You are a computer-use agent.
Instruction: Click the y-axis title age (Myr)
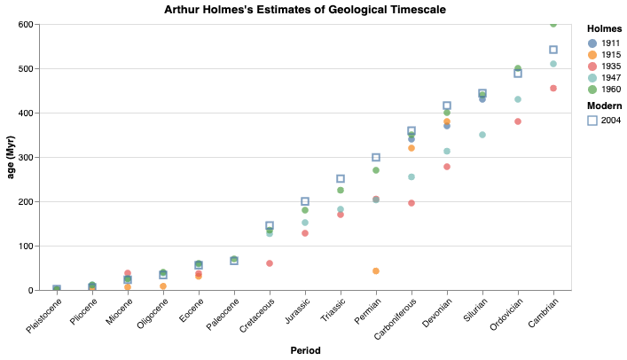point(12,157)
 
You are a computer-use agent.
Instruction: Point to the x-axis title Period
point(305,351)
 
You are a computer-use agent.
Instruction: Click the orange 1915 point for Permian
point(376,270)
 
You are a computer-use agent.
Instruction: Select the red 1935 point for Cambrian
point(553,88)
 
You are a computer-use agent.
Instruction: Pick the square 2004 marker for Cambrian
point(553,50)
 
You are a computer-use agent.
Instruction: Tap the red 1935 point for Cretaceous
point(270,263)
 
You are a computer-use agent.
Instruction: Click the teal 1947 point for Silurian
point(482,135)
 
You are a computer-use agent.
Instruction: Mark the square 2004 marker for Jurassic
point(305,201)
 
